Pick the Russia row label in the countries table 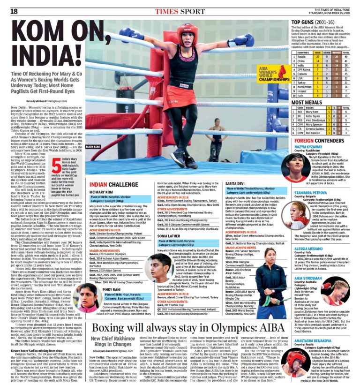pyautogui.click(x=302, y=56)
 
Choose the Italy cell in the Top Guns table pyautogui.click(x=301, y=95)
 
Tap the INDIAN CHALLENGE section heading pyautogui.click(x=109, y=172)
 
